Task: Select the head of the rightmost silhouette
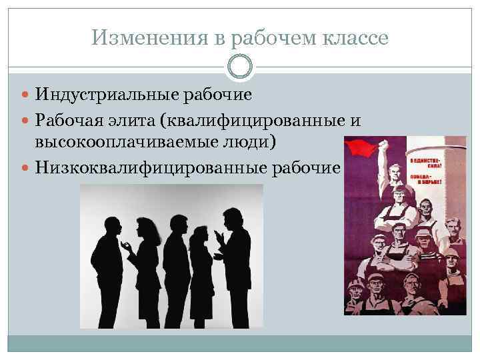point(233,218)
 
